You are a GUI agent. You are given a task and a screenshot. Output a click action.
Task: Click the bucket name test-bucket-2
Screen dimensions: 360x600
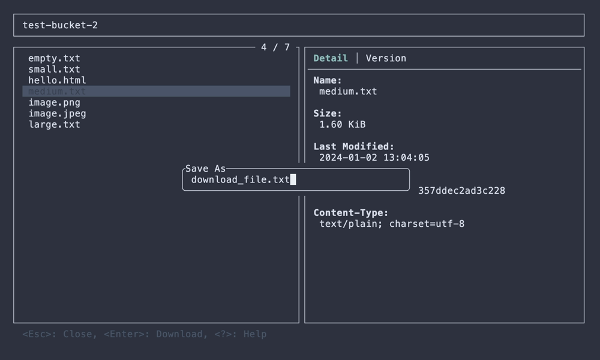(x=60, y=25)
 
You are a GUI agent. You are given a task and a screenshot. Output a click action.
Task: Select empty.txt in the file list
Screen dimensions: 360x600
(x=54, y=58)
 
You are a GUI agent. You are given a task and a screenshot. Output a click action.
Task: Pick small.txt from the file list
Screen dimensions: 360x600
(x=54, y=69)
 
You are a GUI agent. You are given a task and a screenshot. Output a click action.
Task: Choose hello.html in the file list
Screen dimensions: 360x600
(x=57, y=80)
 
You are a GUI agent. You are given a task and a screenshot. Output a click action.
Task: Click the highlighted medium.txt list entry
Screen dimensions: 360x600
(x=57, y=91)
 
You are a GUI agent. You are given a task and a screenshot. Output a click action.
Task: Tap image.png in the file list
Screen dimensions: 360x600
(x=54, y=102)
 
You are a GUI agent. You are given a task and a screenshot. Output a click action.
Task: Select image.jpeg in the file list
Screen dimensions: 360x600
(x=57, y=113)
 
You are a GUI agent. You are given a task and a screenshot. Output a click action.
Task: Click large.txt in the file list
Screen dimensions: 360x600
(x=54, y=124)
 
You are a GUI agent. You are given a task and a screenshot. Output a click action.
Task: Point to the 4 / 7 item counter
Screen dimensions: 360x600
(x=275, y=47)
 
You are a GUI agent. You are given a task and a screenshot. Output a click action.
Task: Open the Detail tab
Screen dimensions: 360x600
(x=331, y=58)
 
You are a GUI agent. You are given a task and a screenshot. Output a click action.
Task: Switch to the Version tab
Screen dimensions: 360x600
(x=386, y=58)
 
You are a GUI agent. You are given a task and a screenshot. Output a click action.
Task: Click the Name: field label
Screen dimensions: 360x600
(x=328, y=80)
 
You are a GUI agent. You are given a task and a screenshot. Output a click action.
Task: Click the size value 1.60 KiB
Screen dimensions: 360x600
(x=342, y=124)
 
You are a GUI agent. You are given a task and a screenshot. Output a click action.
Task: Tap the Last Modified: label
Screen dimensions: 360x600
(x=354, y=146)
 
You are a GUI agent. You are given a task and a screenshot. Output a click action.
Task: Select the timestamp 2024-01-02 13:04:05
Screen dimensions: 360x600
(x=374, y=158)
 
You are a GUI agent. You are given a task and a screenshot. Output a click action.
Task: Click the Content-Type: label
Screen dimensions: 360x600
(x=351, y=212)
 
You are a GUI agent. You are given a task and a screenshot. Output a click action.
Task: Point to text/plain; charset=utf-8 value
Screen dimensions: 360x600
(x=392, y=224)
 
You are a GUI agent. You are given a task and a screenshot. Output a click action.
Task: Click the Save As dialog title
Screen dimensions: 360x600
(x=205, y=169)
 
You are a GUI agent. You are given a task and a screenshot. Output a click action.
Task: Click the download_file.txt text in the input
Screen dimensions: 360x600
(x=240, y=179)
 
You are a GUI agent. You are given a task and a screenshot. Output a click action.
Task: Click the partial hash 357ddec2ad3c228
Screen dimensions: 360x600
(x=461, y=191)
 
